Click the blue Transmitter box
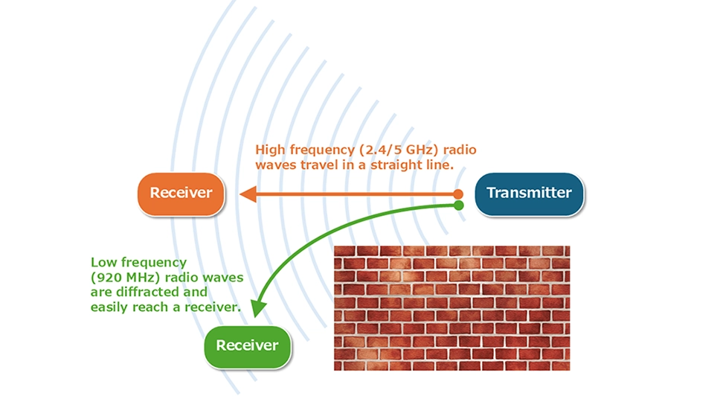coord(529,194)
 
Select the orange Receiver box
coord(181,194)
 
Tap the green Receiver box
coord(247,346)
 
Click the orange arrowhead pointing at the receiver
coord(248,194)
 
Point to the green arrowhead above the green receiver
coord(259,308)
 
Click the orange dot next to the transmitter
coord(458,194)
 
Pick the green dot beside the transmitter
coord(459,205)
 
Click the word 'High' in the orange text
coord(270,150)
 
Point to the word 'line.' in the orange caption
coord(440,165)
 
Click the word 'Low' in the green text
coord(104,263)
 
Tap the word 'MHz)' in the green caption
coord(144,278)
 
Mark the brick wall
coord(451,308)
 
